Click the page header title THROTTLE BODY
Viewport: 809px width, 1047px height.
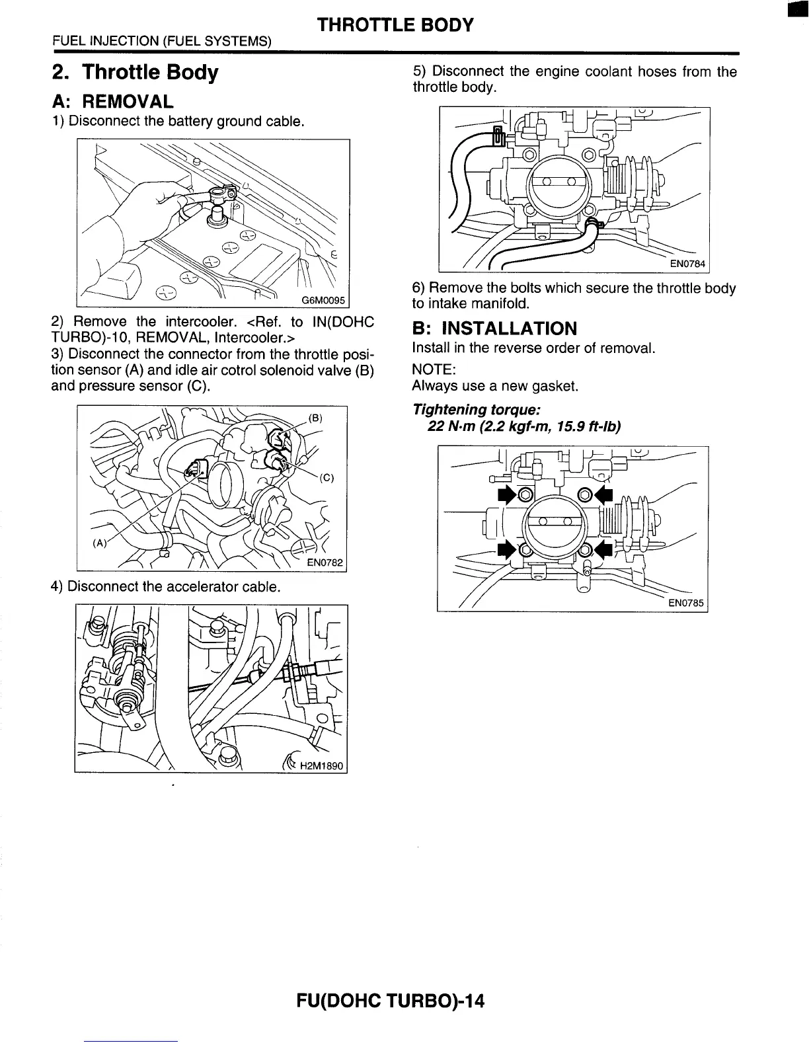pos(395,25)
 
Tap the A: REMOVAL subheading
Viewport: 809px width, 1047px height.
pos(112,101)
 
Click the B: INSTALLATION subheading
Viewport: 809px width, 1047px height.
pos(494,329)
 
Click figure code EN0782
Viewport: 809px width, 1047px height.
pos(327,562)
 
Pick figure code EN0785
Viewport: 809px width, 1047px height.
pos(687,603)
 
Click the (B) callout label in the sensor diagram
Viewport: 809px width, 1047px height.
pos(316,418)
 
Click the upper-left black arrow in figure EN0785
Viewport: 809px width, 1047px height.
pos(506,494)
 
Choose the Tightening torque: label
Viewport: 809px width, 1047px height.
pos(477,410)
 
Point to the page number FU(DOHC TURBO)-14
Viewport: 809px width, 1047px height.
pos(391,1001)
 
